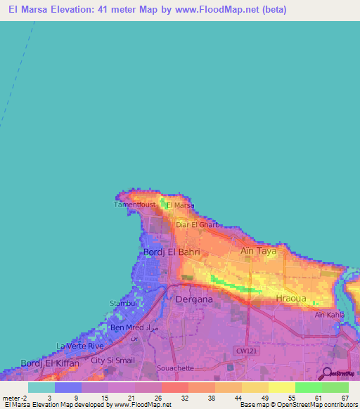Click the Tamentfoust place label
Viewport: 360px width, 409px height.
pos(136,204)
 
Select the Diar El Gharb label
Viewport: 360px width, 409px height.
pos(198,225)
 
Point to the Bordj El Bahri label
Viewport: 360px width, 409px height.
pos(172,252)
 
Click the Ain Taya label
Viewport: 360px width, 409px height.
pos(258,251)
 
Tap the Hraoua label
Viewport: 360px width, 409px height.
pos(290,298)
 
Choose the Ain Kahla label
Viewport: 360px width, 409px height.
pos(330,314)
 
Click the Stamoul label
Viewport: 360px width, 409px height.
pos(122,304)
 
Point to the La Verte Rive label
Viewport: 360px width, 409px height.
pos(80,346)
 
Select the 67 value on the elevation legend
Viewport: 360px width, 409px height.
pos(345,398)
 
